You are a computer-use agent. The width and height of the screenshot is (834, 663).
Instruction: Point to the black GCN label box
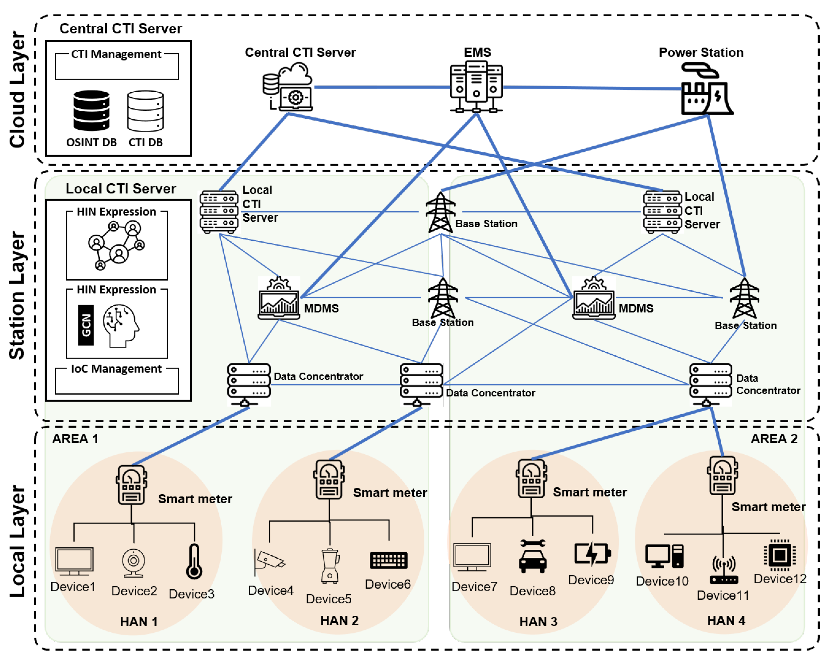[86, 325]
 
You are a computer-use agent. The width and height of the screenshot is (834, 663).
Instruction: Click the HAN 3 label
[538, 621]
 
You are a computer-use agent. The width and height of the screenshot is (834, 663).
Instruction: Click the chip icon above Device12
[780, 556]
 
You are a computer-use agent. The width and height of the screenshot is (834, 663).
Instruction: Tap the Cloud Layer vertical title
[17, 90]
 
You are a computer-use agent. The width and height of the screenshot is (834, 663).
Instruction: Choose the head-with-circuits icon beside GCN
[120, 325]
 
